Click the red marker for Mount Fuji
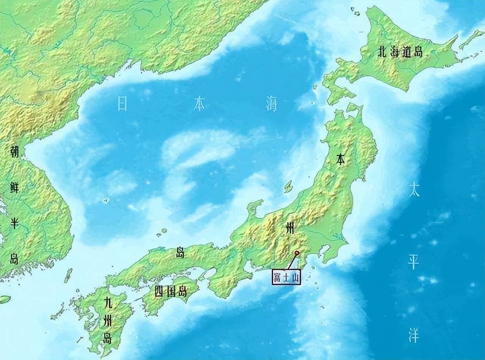pyautogui.click(x=297, y=253)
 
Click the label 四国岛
pyautogui.click(x=171, y=291)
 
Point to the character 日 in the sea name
pyautogui.click(x=122, y=103)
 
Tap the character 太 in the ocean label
pyautogui.click(x=414, y=190)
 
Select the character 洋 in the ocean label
pyautogui.click(x=414, y=336)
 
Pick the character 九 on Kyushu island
pyautogui.click(x=108, y=303)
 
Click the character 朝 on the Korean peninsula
pyautogui.click(x=14, y=152)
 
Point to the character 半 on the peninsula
pyautogui.click(x=14, y=223)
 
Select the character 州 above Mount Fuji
pyautogui.click(x=289, y=229)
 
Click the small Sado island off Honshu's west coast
pyautogui.click(x=289, y=186)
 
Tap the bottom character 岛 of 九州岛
pyautogui.click(x=108, y=337)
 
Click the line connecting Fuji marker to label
pyautogui.click(x=292, y=261)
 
